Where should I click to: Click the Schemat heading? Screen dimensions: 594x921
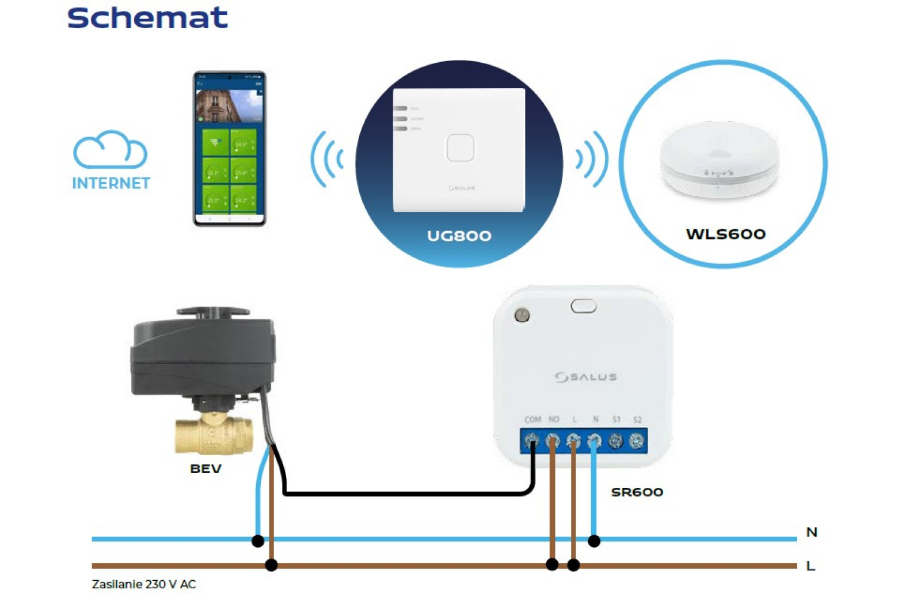click(147, 18)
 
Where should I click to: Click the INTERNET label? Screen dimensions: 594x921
click(111, 183)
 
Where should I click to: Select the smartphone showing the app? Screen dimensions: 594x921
click(229, 149)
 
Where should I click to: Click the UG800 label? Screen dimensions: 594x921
click(459, 236)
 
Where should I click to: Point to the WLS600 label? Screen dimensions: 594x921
click(725, 234)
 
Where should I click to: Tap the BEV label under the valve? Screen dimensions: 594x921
click(205, 469)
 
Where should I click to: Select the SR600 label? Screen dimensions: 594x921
click(637, 492)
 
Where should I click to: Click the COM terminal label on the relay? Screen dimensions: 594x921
click(532, 419)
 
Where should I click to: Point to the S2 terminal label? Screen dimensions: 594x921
click(637, 419)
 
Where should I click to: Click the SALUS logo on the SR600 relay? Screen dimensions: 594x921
click(585, 377)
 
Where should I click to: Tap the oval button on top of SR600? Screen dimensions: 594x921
click(583, 307)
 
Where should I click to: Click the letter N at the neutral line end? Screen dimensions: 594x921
click(812, 532)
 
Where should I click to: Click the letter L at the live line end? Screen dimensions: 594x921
click(810, 566)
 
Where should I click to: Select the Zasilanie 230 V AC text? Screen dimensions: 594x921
click(144, 584)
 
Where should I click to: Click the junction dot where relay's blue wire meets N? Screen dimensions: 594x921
click(594, 541)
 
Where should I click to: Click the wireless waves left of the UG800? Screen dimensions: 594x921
click(327, 159)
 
